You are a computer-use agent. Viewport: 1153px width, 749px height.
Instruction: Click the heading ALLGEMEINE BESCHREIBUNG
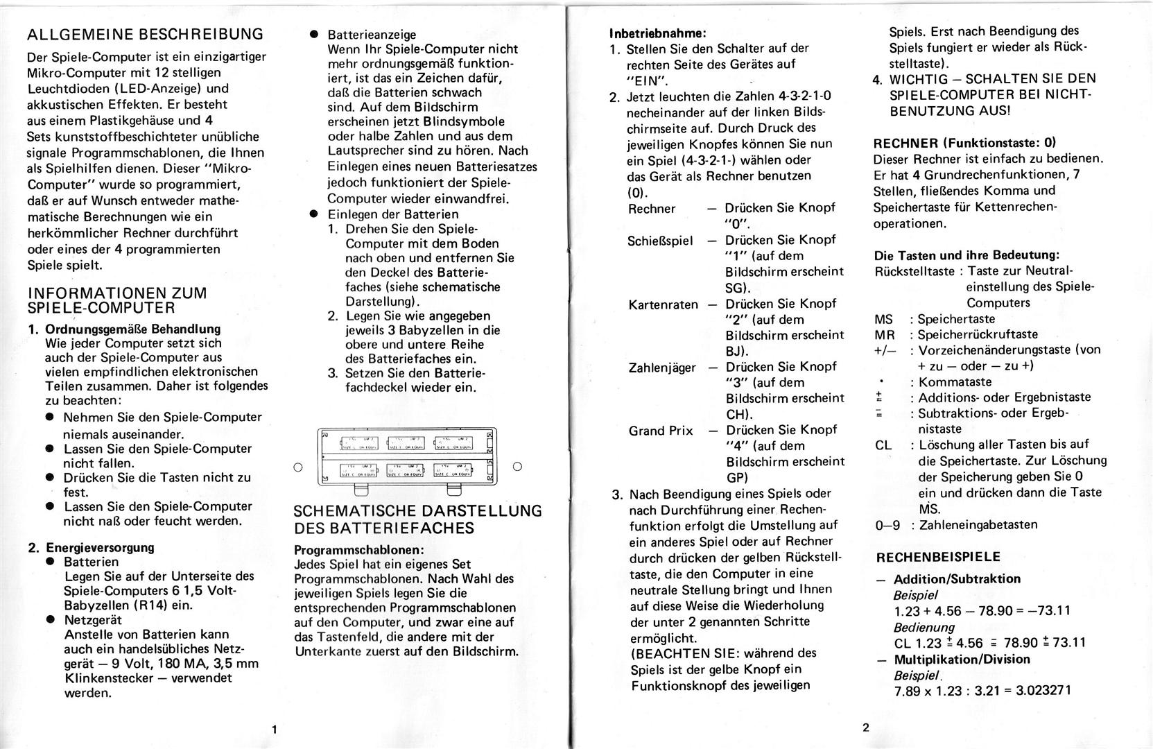click(145, 34)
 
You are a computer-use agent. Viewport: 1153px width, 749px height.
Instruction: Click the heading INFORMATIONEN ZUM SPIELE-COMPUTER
click(117, 300)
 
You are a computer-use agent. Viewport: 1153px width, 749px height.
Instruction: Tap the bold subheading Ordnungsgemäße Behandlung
click(132, 329)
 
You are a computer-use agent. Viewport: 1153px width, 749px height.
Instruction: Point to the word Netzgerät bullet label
click(92, 619)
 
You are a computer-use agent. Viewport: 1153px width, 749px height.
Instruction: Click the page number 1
click(275, 729)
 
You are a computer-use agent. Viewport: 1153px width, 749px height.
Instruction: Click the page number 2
click(865, 728)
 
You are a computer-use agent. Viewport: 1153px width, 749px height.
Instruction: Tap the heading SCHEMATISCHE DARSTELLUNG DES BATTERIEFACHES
click(417, 519)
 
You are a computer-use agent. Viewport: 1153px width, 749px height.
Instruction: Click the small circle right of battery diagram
click(517, 467)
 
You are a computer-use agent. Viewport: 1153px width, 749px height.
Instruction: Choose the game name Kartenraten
click(663, 304)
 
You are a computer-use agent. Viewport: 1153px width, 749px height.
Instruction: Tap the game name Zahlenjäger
click(662, 368)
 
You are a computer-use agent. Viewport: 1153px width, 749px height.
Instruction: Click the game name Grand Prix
click(660, 431)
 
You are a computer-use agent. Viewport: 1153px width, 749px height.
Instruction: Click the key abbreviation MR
click(885, 335)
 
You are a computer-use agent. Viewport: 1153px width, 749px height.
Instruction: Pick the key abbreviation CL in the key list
click(883, 445)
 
